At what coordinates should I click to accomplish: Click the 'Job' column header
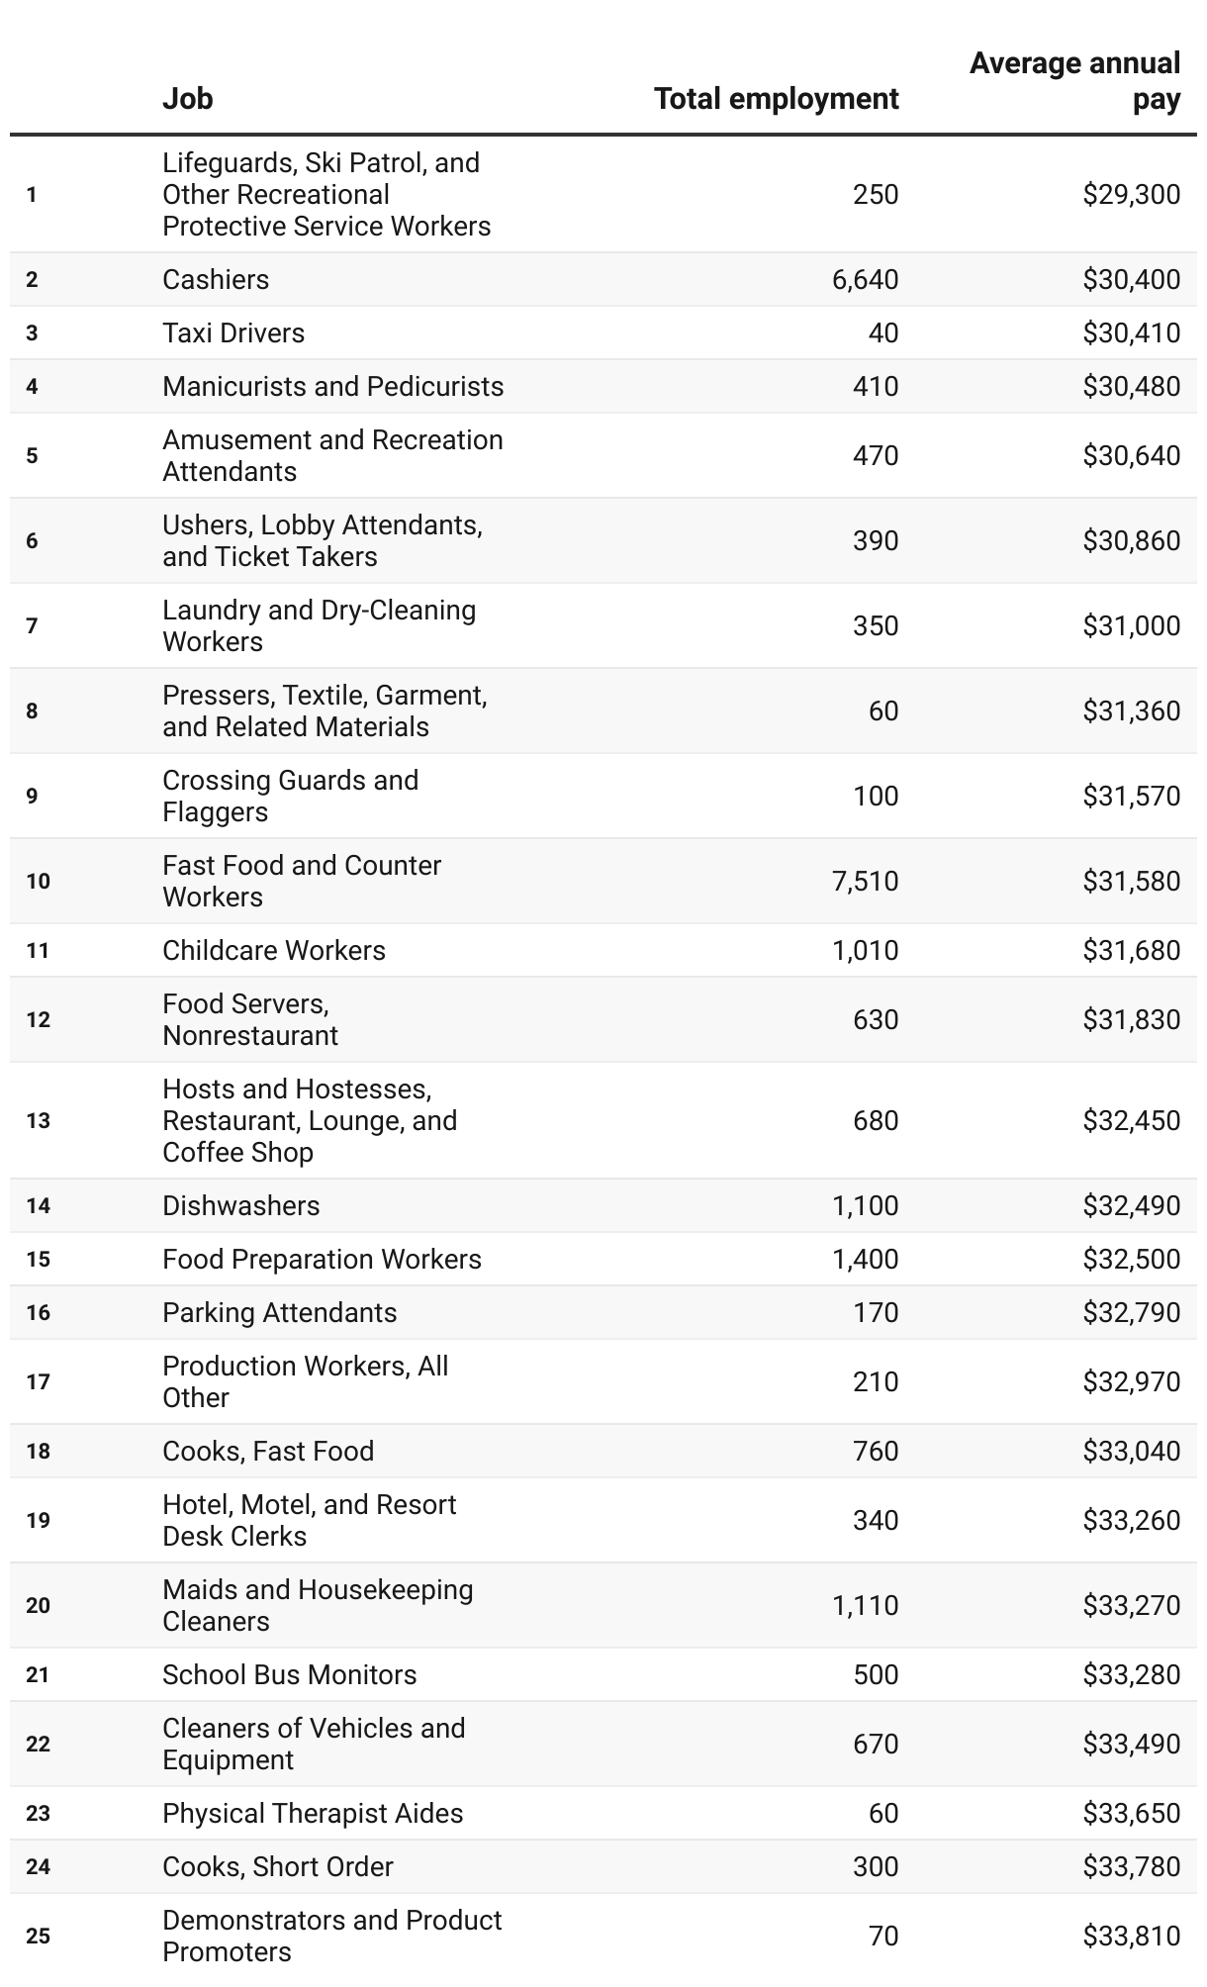[188, 99]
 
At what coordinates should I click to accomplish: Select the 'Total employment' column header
[776, 99]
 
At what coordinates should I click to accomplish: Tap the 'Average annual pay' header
[1074, 81]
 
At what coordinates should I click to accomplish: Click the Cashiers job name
[216, 280]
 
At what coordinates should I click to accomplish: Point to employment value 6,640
[865, 280]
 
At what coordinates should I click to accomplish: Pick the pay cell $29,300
[1131, 194]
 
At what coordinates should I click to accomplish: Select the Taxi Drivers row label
[233, 333]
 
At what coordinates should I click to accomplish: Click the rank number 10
[38, 882]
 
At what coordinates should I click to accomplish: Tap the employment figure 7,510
[865, 882]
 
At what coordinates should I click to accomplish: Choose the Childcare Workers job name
[274, 951]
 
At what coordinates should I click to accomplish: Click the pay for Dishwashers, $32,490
[1131, 1206]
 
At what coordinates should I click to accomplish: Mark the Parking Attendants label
[279, 1313]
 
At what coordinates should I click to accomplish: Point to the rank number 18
[38, 1452]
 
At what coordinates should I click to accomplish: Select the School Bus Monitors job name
[289, 1675]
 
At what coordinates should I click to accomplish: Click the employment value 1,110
[865, 1606]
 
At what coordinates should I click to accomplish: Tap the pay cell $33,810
[1131, 1937]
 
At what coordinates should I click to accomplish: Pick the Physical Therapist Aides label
[313, 1814]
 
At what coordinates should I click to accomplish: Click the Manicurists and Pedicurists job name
[332, 387]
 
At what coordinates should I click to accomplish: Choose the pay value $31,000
[1131, 626]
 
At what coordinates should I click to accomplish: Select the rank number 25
[38, 1937]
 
